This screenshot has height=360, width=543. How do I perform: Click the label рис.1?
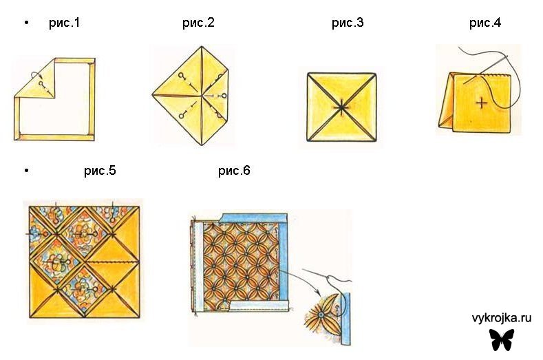point(65,23)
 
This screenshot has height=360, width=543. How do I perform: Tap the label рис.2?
point(198,23)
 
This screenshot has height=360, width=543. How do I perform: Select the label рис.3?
point(348,23)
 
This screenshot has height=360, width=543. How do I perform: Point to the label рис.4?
point(485,23)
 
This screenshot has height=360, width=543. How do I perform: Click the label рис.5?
point(100,171)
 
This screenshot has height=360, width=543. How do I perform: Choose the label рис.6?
point(234,171)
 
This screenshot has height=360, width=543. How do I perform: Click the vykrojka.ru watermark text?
point(502,318)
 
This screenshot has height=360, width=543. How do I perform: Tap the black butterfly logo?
point(502,339)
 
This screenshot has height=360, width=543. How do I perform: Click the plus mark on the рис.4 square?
point(481,103)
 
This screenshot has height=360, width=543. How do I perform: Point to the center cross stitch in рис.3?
point(341,107)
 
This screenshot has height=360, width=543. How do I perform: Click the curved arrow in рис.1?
point(35,74)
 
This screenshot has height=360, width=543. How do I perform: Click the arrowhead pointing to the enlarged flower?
point(317,293)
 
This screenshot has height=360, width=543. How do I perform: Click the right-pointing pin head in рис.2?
point(224,95)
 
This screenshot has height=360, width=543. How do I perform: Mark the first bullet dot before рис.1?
point(27,23)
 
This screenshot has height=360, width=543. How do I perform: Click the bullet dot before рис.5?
point(27,171)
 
